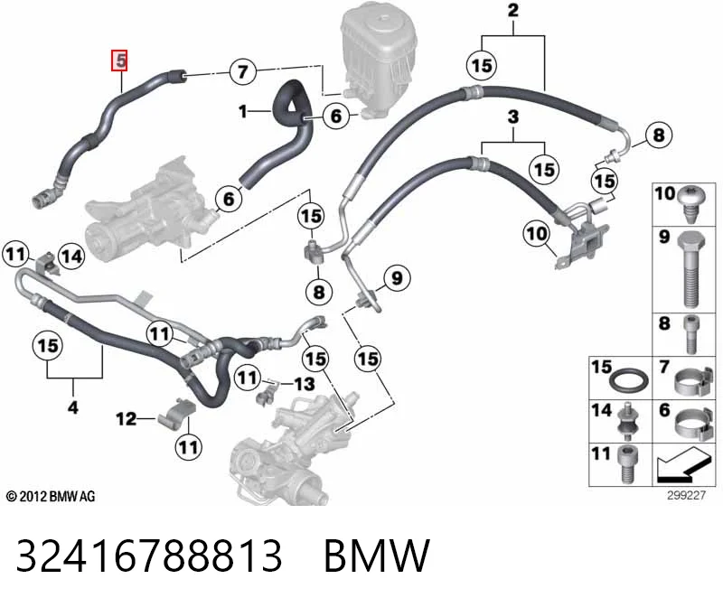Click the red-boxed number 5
point(119,61)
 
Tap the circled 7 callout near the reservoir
point(242,72)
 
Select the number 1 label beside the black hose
point(243,111)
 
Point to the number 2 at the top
point(513,10)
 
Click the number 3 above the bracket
point(513,117)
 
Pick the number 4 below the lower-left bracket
point(73,407)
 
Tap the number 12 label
point(126,419)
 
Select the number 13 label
point(305,384)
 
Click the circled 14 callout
point(71,257)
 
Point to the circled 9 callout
point(397,278)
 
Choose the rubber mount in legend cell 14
point(627,422)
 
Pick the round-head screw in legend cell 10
point(690,203)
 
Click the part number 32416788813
point(148,556)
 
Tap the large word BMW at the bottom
point(377,556)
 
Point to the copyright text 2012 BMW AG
point(51,497)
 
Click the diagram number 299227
point(686,495)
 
